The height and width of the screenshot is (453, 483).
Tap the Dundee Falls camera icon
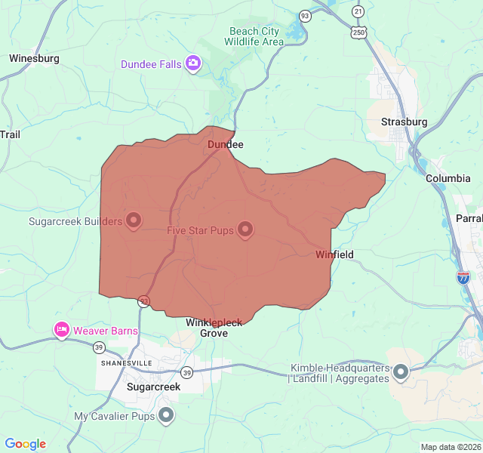[x=193, y=63]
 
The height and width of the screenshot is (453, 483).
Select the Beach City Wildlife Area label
[x=254, y=36]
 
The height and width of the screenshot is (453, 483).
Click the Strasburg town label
[x=404, y=122]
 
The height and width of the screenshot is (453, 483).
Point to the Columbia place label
[x=448, y=178]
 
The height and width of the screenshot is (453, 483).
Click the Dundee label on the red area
[x=226, y=144]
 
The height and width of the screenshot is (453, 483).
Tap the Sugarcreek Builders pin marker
[x=134, y=220]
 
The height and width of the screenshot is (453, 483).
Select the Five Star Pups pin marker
[x=245, y=229]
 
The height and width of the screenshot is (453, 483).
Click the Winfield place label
[x=334, y=254]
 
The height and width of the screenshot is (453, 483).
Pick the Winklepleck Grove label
[x=214, y=328]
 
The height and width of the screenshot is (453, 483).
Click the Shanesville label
[x=127, y=363]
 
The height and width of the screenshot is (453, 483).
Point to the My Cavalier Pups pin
[x=166, y=415]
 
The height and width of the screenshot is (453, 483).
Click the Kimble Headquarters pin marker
[x=401, y=371]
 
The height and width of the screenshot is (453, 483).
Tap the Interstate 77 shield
[x=463, y=277]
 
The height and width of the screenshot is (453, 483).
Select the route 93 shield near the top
[x=305, y=15]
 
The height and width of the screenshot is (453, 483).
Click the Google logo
[x=26, y=444]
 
